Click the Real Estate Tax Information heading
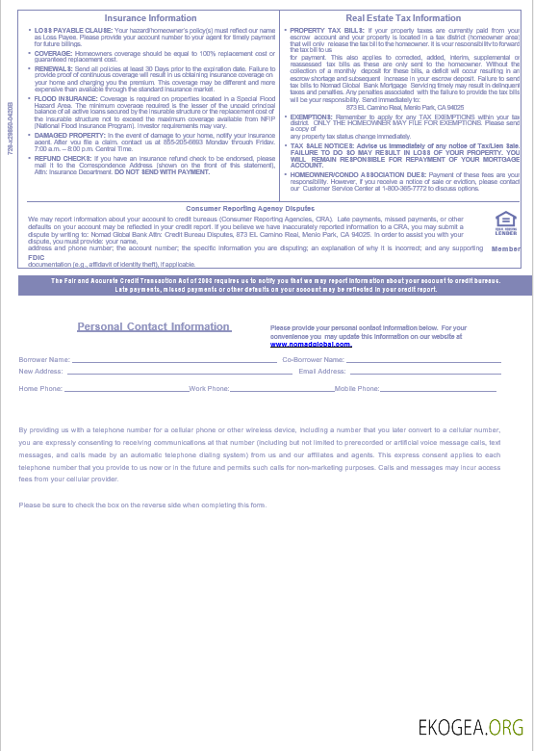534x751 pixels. coord(403,18)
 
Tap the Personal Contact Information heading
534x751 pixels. coord(154,326)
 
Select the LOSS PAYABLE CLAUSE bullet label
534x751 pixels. coord(64,31)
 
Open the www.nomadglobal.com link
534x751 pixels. coord(310,343)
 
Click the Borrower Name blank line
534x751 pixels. coord(173,361)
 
